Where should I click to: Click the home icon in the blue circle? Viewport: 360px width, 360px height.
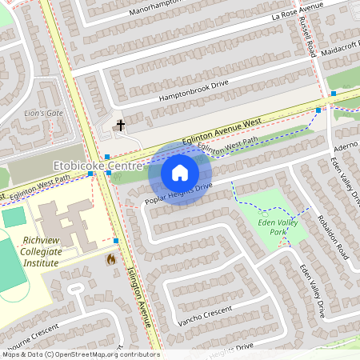click(180, 172)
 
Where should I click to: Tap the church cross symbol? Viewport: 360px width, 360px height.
click(122, 125)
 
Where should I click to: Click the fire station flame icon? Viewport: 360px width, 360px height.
click(110, 259)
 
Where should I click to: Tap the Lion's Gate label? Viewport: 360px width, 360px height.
click(43, 113)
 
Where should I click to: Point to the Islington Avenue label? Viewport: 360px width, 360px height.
click(139, 296)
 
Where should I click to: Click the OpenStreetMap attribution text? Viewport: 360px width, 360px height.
click(80, 354)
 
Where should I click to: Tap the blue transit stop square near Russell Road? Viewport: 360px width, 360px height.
click(318, 110)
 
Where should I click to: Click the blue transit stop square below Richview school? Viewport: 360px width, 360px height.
click(116, 240)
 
